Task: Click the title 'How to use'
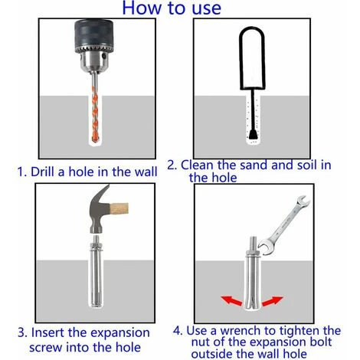coord(172,8)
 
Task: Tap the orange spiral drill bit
coord(95,113)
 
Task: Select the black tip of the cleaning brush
coord(253,134)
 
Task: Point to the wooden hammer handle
coord(119,208)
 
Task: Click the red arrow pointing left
coord(231,300)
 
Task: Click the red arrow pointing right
coord(273,301)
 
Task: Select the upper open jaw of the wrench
coord(303,201)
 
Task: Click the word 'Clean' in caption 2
coord(197,165)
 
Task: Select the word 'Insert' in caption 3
coord(47,332)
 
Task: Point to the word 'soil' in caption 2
coord(306,165)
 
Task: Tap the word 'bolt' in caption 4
coord(321,342)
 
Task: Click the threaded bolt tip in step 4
coord(252,244)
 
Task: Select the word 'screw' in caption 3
coord(45,348)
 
